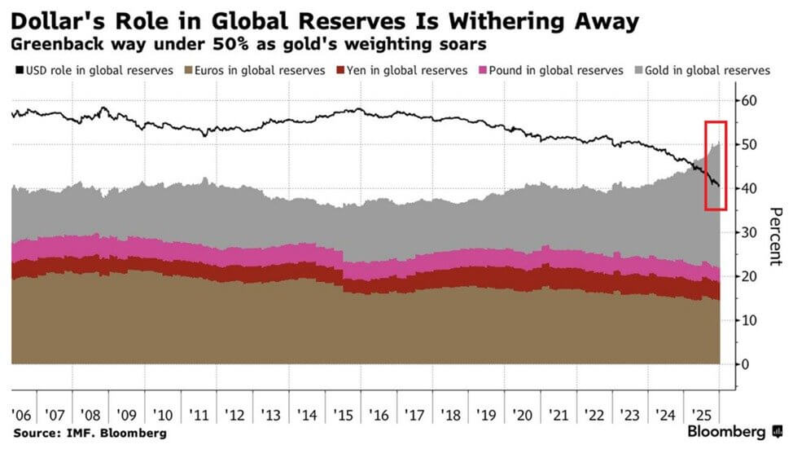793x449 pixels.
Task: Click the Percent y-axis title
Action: point(776,236)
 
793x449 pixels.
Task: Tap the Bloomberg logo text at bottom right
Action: point(726,431)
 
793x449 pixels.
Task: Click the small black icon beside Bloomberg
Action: point(777,431)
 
